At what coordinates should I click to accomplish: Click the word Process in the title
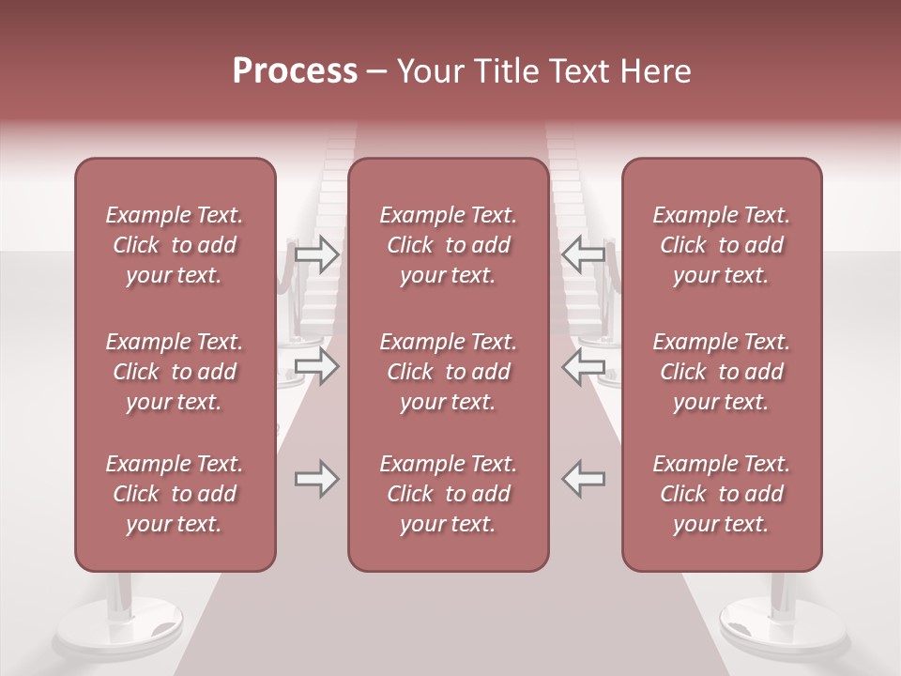point(295,71)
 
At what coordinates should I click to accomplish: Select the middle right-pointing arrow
point(316,365)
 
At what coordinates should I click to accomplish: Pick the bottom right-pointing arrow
point(316,479)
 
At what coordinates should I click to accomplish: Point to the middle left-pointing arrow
point(583,365)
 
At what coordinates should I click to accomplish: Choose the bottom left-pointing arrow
point(583,479)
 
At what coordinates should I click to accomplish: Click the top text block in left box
point(175,245)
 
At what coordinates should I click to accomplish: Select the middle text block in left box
point(175,372)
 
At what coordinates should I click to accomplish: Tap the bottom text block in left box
point(175,494)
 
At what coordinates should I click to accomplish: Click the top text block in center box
point(449,245)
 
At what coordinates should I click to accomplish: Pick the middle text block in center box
point(449,372)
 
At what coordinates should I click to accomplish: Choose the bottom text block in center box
point(449,494)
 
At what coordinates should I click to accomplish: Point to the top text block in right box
point(722,245)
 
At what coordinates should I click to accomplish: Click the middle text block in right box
point(722,372)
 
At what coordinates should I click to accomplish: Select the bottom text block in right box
point(722,494)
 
